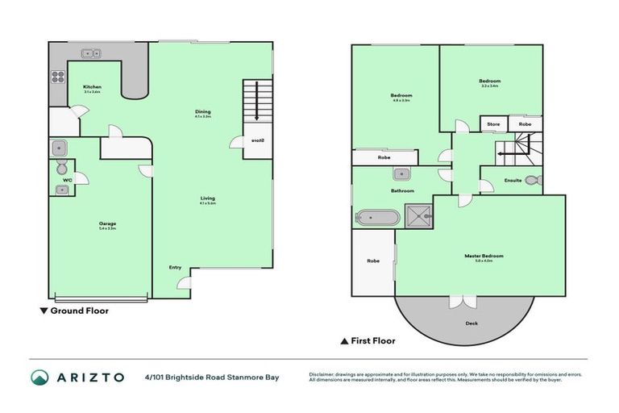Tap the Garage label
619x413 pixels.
click(108, 223)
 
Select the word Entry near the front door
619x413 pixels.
click(175, 267)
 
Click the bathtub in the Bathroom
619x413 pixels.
click(377, 217)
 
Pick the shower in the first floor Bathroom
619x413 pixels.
click(418, 216)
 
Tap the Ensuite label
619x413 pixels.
click(512, 180)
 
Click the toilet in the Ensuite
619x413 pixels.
click(538, 180)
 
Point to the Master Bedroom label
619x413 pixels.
click(484, 257)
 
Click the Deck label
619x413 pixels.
click(472, 323)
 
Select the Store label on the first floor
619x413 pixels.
click(493, 124)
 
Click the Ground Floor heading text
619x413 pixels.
click(79, 311)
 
